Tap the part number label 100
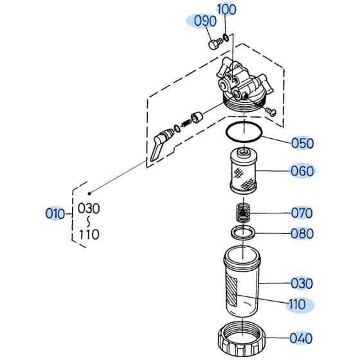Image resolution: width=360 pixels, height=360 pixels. [x=226, y=10]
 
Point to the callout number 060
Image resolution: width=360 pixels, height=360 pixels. [x=301, y=171]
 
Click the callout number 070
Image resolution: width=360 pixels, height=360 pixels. [x=301, y=212]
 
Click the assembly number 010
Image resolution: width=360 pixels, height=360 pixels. [x=55, y=213]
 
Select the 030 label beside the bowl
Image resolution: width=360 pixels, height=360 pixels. [x=301, y=283]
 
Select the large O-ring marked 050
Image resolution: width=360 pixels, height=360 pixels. [x=244, y=131]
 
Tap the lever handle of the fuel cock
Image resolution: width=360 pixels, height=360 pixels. [x=158, y=148]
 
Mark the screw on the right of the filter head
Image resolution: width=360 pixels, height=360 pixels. [x=269, y=112]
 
